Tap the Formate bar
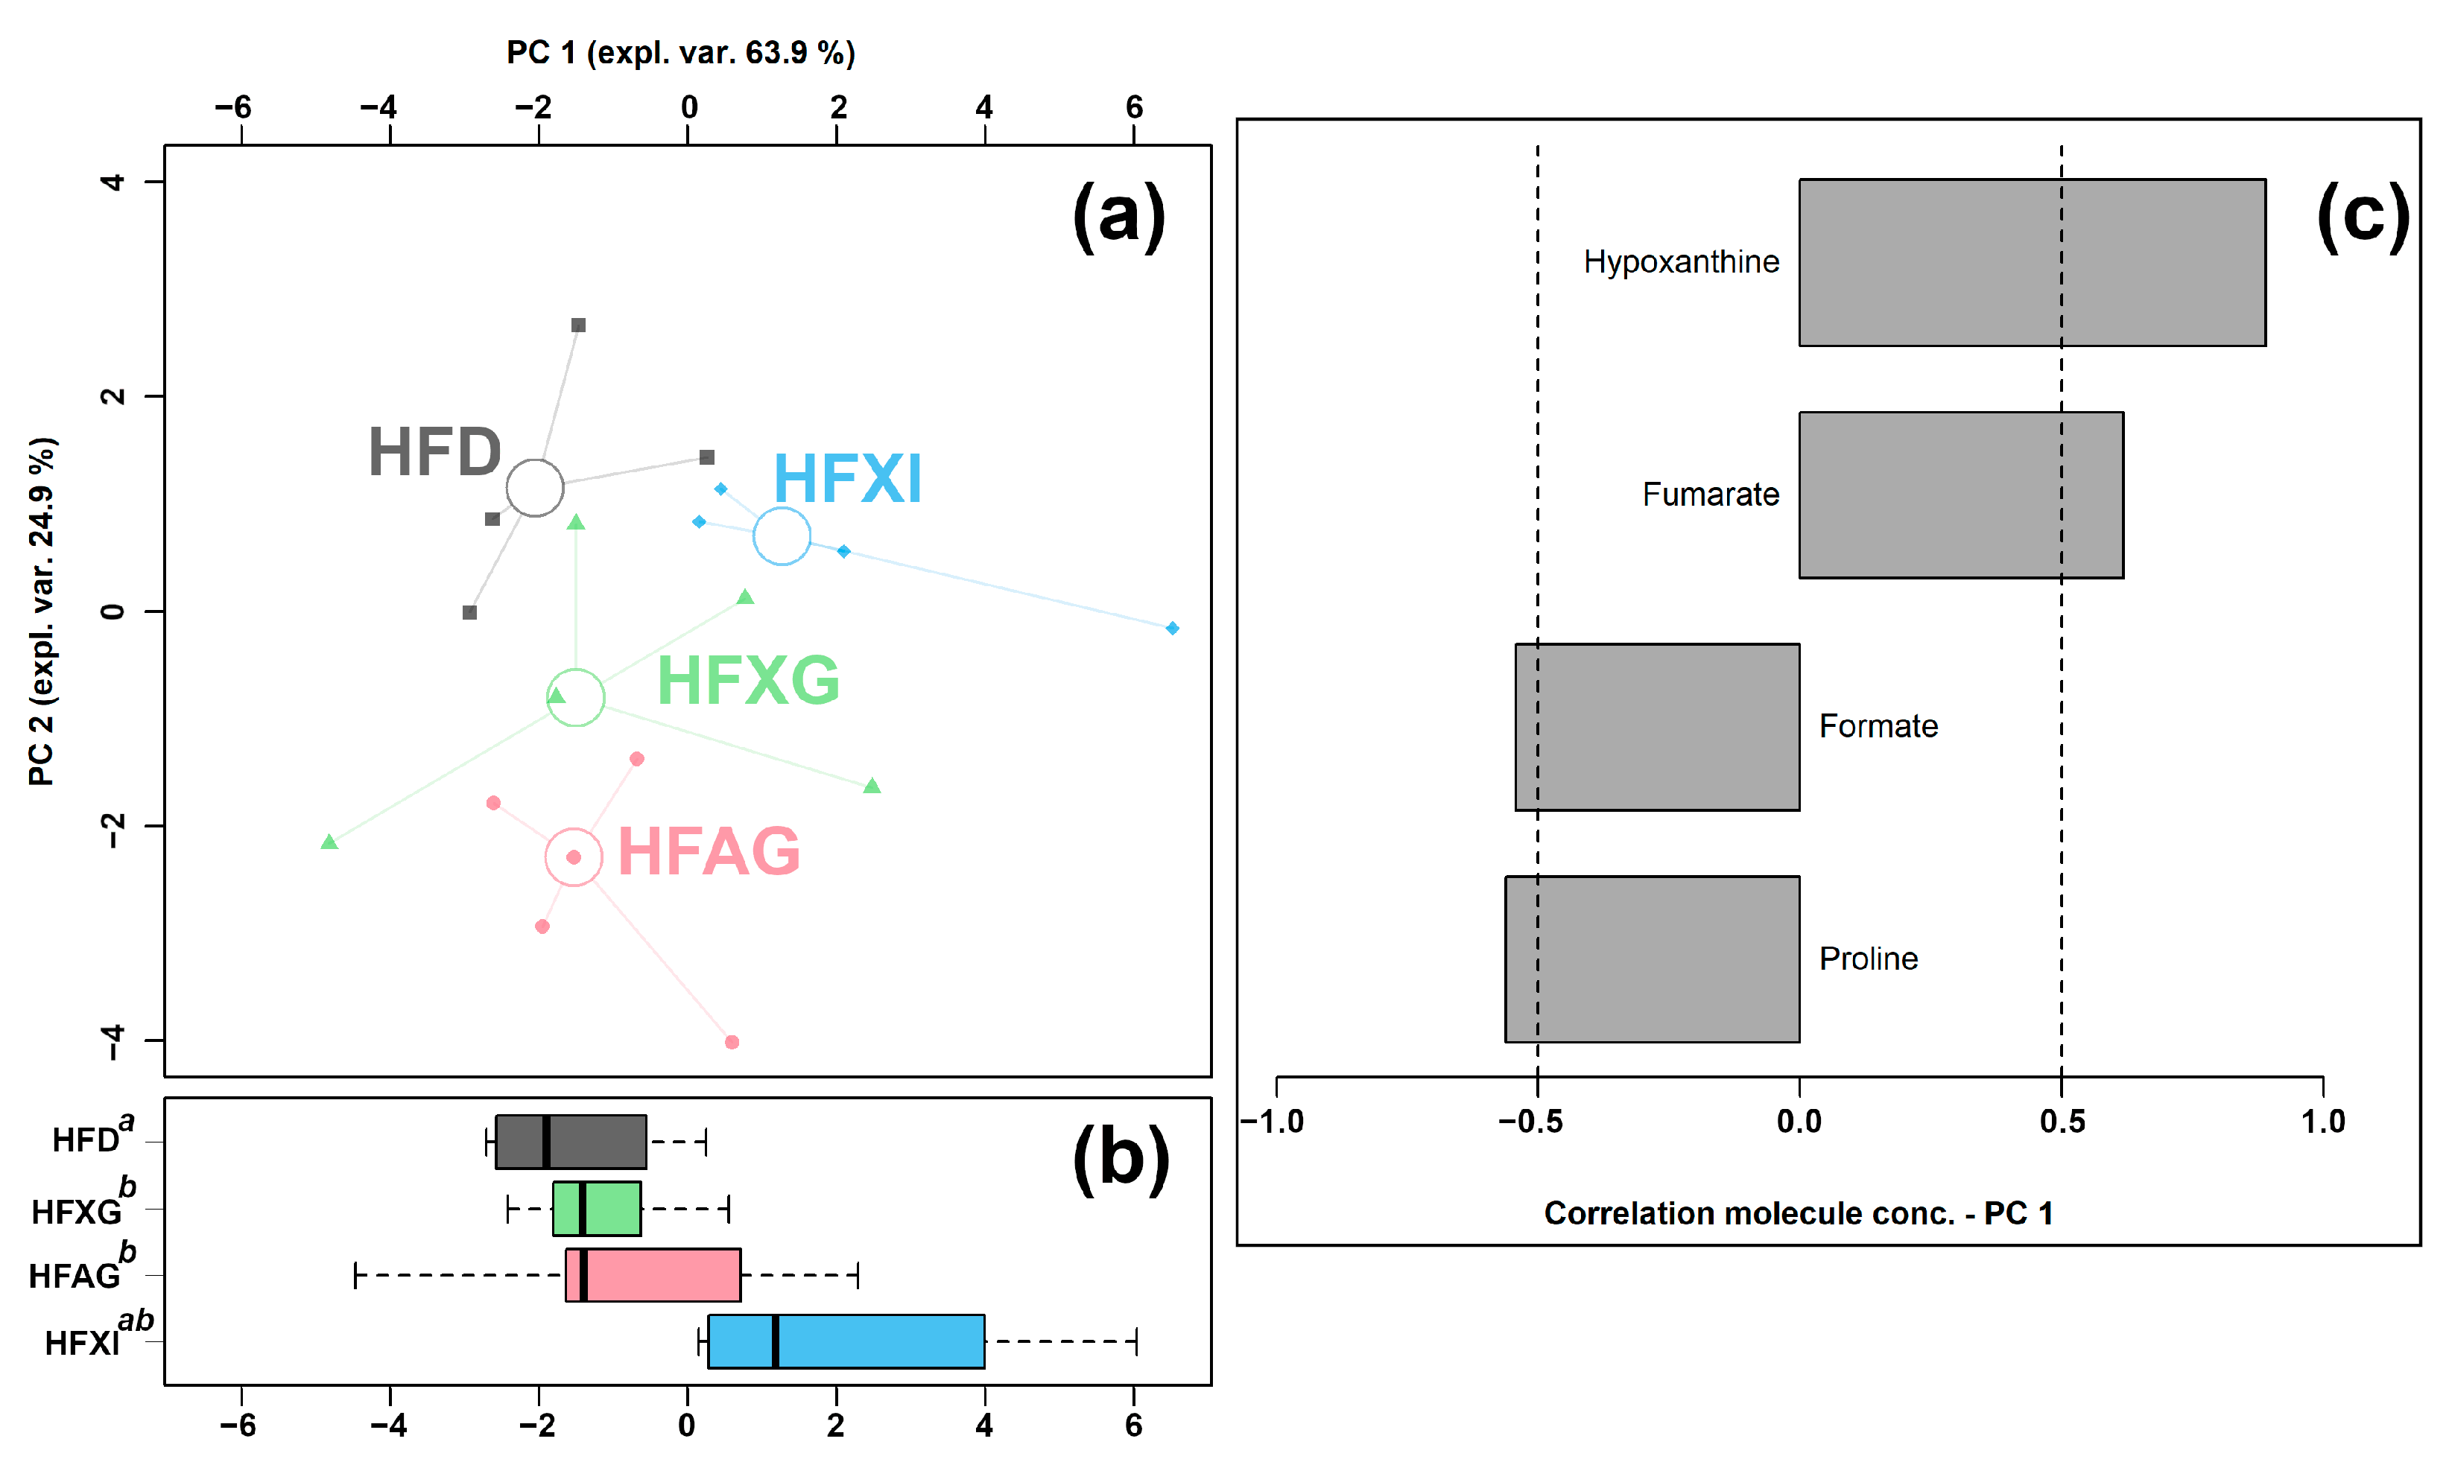(x=1657, y=727)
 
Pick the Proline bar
(x=1652, y=959)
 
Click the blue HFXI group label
(x=846, y=480)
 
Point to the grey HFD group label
(x=434, y=453)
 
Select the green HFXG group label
(x=748, y=681)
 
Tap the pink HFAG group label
(x=708, y=852)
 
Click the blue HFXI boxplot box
(x=846, y=1341)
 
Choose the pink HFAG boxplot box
(x=653, y=1275)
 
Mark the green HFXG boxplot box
(x=596, y=1208)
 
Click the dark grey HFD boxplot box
(x=571, y=1142)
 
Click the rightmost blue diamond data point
(x=1172, y=629)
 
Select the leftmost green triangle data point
(x=329, y=842)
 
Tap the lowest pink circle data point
(x=731, y=1042)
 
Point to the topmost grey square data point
(x=578, y=325)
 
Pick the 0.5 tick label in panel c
(x=2062, y=1121)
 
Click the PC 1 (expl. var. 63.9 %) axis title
(x=680, y=52)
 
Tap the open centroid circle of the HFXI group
(x=782, y=537)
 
